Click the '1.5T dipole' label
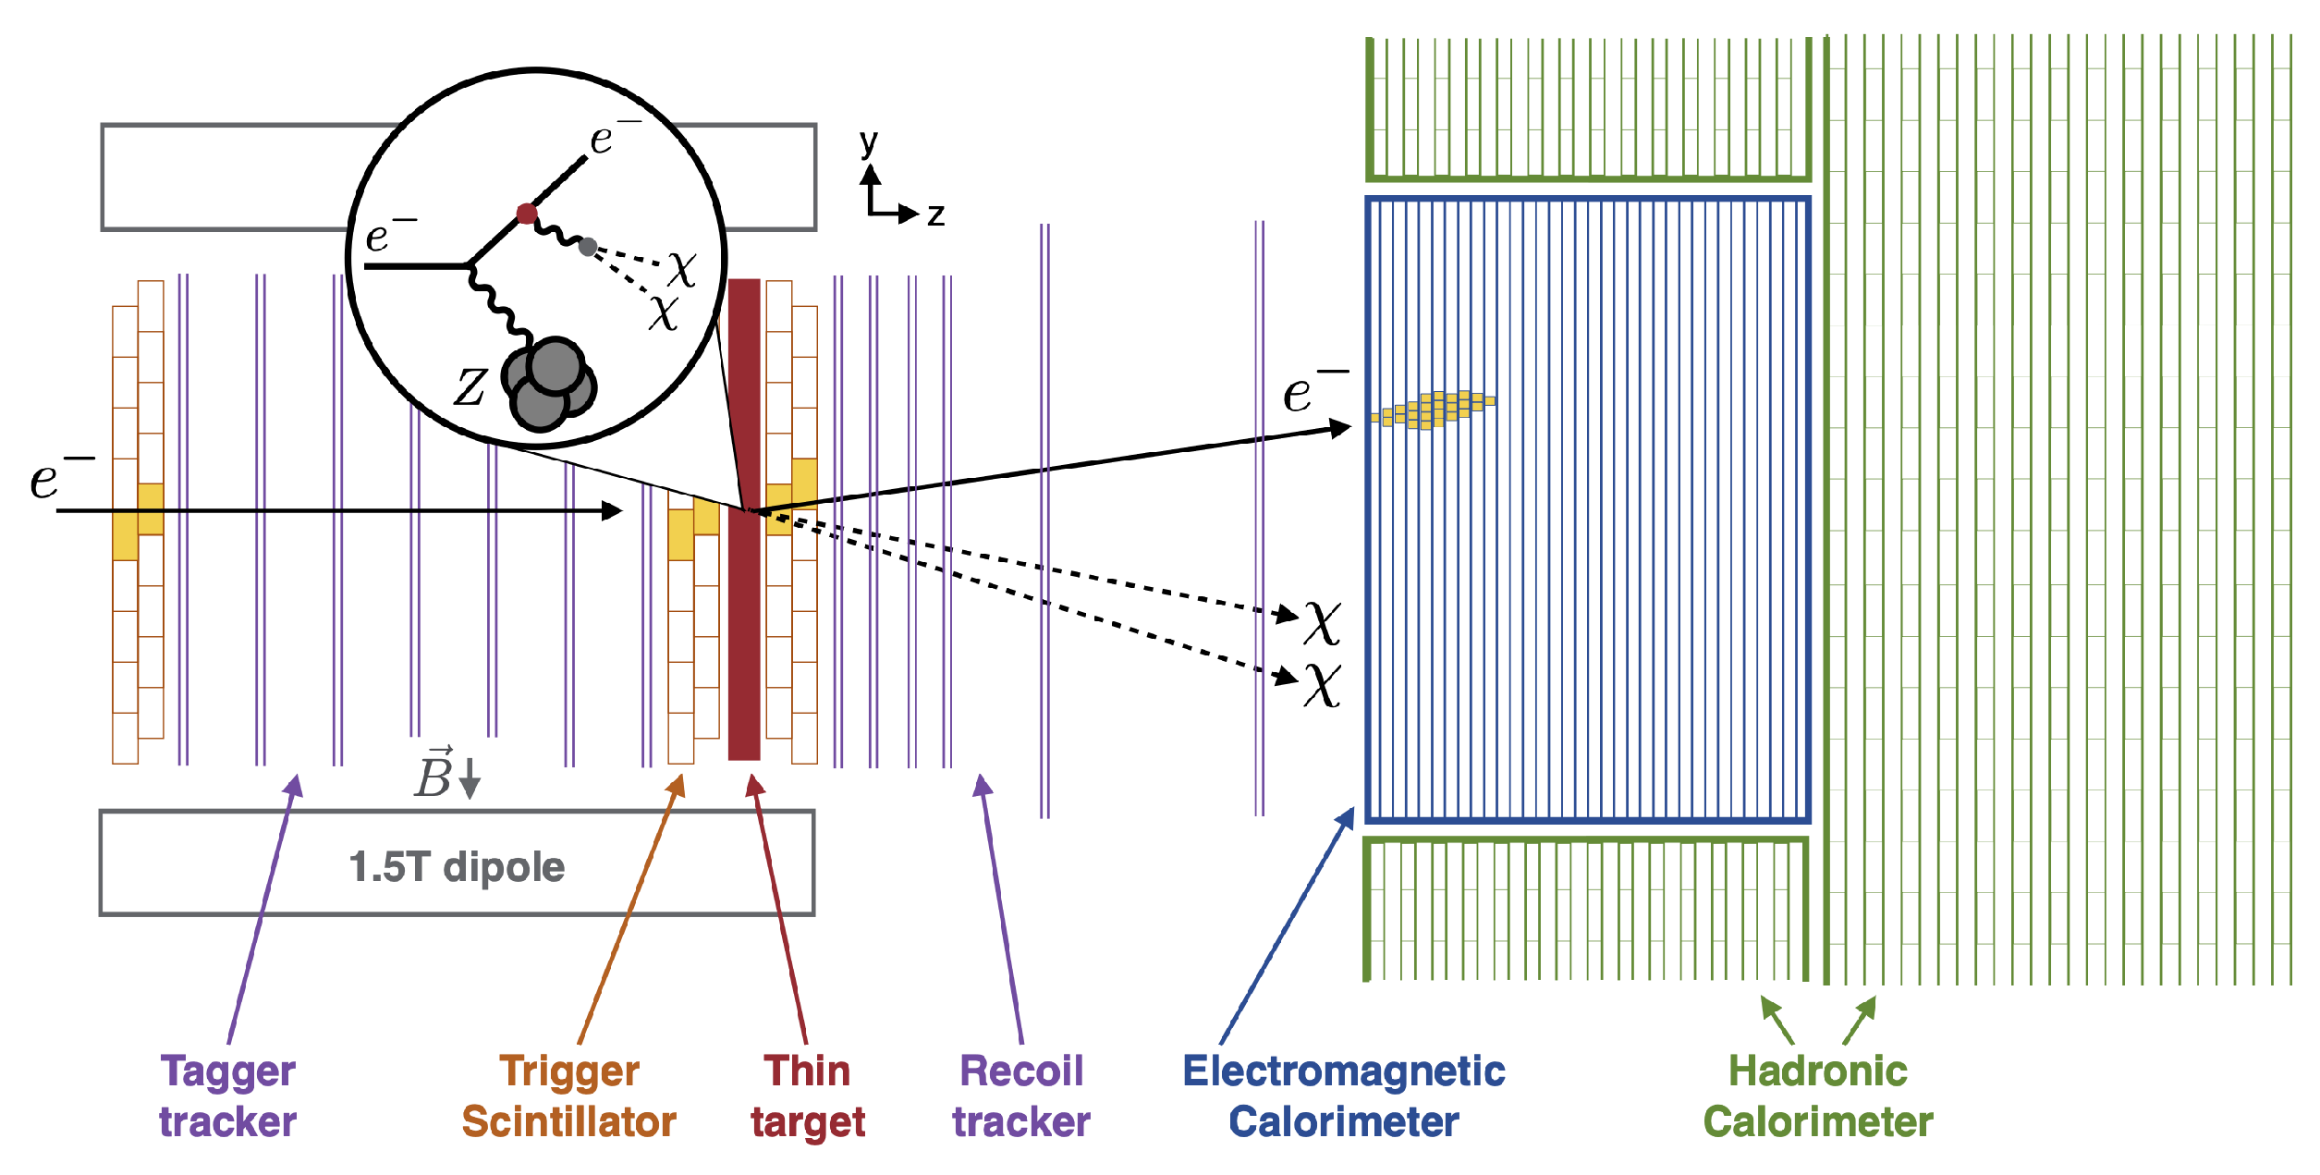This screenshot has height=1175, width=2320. pyautogui.click(x=457, y=867)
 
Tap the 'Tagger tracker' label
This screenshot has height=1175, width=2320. pyautogui.click(x=227, y=1096)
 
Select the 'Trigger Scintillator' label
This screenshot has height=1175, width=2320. pyautogui.click(x=568, y=1096)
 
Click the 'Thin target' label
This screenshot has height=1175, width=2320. pyautogui.click(x=808, y=1096)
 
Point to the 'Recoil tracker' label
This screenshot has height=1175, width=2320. pyautogui.click(x=1021, y=1096)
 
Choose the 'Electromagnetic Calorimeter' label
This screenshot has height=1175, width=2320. pyautogui.click(x=1344, y=1096)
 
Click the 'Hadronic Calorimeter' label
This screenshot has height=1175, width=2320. pyautogui.click(x=1818, y=1096)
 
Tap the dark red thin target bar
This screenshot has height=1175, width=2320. pyautogui.click(x=744, y=629)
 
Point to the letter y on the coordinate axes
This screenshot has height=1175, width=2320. pyautogui.click(x=868, y=141)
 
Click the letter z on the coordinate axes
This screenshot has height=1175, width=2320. pyautogui.click(x=936, y=214)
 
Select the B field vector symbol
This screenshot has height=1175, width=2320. pyautogui.click(x=434, y=774)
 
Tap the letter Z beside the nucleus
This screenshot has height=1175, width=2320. pyautogui.click(x=470, y=386)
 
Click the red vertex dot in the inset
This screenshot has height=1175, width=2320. pyautogui.click(x=527, y=214)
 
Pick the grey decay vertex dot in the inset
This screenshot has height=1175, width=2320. pyautogui.click(x=588, y=247)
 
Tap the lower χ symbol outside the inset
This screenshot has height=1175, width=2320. pyautogui.click(x=1323, y=684)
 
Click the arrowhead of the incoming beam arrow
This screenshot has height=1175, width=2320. pyautogui.click(x=612, y=510)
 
